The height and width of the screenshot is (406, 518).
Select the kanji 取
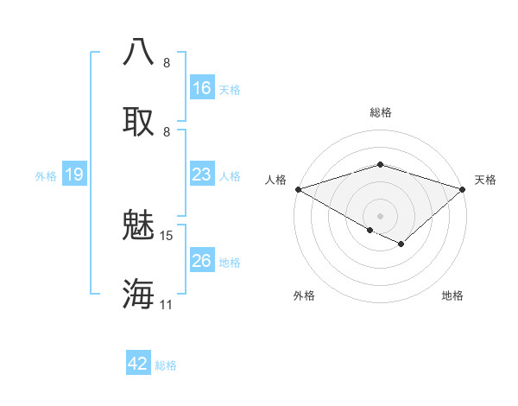[139, 120]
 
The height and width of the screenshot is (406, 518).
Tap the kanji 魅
[139, 225]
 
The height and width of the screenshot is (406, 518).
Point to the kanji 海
[139, 294]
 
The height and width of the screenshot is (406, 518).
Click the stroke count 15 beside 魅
[167, 235]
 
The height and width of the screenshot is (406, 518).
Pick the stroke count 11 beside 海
[167, 304]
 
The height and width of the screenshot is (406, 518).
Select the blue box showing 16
[201, 88]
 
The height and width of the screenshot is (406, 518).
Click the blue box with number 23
[201, 174]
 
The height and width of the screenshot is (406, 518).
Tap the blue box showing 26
[201, 261]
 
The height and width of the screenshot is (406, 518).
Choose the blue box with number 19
[73, 174]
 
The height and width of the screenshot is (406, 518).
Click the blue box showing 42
[137, 364]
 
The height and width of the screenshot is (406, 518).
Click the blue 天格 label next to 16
[230, 89]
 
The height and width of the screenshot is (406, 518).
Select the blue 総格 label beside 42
[166, 365]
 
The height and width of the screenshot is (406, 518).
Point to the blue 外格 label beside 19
[46, 175]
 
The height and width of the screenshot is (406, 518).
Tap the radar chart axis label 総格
[380, 112]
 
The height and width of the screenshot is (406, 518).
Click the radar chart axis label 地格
[452, 295]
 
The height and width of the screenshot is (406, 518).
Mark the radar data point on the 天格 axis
[463, 189]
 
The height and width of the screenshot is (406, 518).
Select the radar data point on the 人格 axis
[298, 189]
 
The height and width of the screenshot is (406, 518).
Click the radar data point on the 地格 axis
[401, 244]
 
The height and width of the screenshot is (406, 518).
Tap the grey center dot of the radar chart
[380, 215]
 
